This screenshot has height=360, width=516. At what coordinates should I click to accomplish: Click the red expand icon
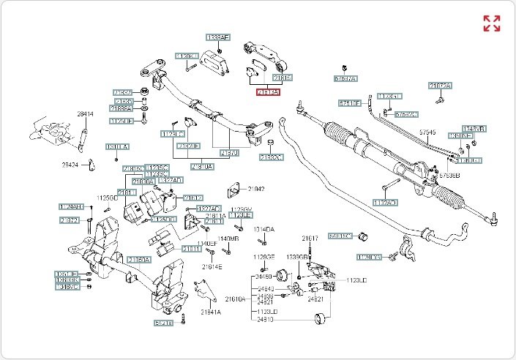point(491,23)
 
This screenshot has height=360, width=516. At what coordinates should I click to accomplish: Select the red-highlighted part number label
point(267,92)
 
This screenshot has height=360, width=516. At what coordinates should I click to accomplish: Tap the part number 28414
point(86,114)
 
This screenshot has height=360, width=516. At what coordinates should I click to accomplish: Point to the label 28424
point(70,165)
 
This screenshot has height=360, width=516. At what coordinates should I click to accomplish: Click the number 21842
point(255,189)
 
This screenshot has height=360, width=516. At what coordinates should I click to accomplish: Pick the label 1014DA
point(264,230)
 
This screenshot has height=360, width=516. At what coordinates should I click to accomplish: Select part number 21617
point(310,239)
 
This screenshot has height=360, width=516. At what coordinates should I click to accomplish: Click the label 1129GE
point(264,257)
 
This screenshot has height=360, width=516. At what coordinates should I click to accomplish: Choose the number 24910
point(263,320)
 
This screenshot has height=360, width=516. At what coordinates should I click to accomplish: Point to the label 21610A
point(236,299)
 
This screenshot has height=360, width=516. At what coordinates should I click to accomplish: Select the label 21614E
point(212,266)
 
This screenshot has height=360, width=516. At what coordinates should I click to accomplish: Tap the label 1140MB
point(229,239)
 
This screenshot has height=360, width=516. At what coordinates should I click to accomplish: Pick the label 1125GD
point(108,198)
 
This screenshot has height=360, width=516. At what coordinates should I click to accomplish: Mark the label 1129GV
point(241,209)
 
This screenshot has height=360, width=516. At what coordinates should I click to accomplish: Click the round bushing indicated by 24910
point(318,318)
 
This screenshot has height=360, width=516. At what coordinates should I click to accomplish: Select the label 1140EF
point(207,243)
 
